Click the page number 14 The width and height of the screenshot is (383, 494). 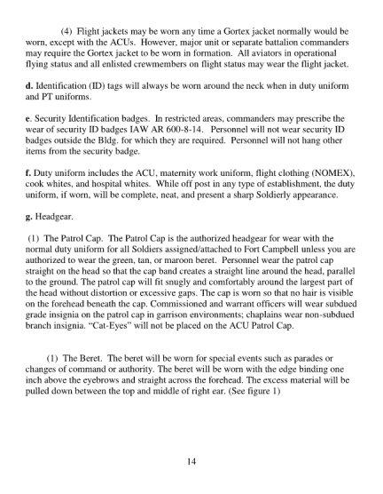tap(191, 461)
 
